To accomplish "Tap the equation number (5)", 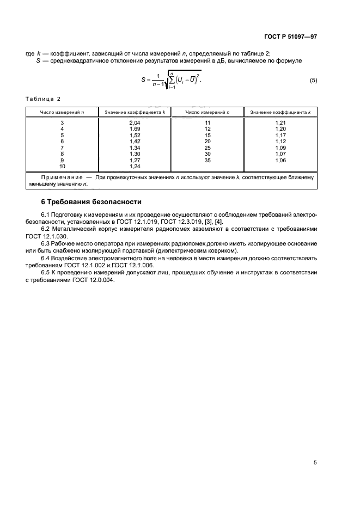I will point(313,81).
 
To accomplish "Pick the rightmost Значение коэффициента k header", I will point(280,112).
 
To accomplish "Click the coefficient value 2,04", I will point(135,123).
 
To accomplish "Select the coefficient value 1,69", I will point(135,129).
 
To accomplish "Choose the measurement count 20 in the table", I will point(208,141).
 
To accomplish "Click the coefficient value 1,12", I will point(280,141).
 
